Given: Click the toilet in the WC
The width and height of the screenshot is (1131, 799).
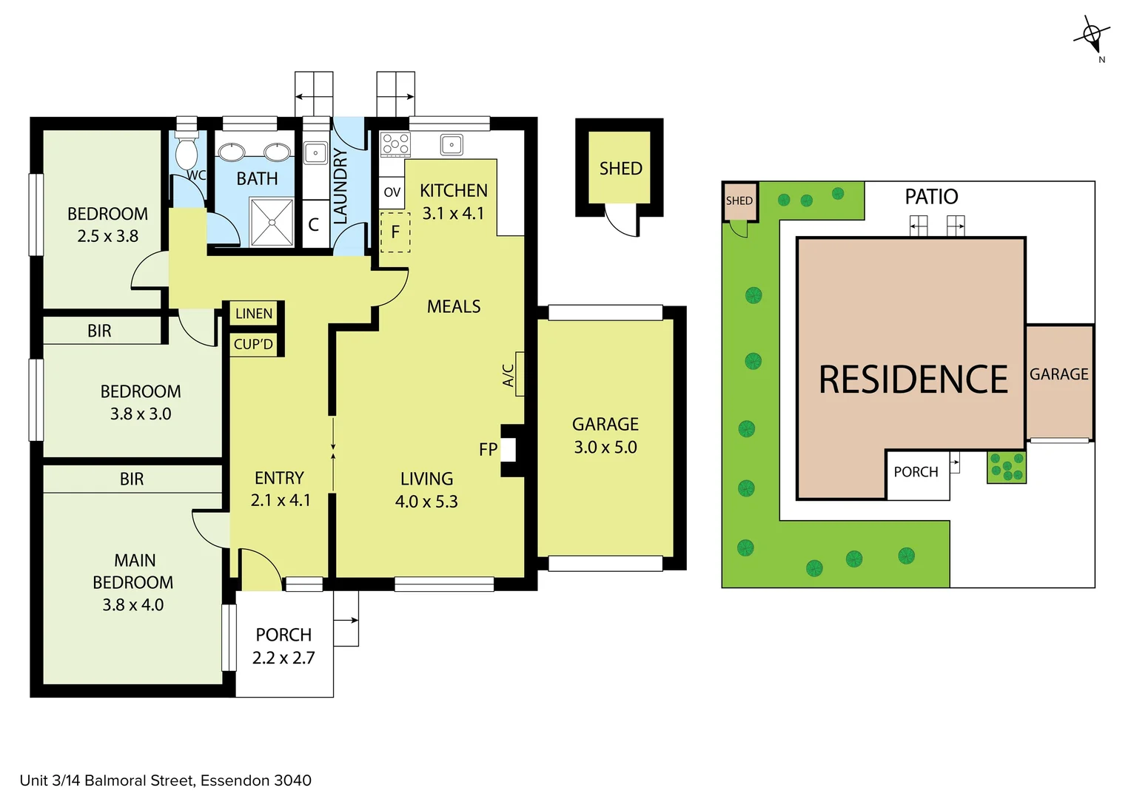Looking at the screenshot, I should (x=186, y=152).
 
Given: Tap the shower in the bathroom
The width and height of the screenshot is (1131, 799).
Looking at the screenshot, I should (x=272, y=221).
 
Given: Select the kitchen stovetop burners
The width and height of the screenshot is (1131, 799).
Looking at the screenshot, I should (x=395, y=144).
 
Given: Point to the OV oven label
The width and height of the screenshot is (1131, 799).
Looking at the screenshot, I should (x=392, y=192).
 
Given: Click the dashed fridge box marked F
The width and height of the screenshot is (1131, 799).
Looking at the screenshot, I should (x=395, y=232).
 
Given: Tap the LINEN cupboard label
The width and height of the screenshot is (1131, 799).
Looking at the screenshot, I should (x=254, y=314).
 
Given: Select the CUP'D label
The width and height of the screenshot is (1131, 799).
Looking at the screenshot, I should (x=253, y=344).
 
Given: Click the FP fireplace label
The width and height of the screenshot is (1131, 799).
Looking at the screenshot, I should (x=488, y=449).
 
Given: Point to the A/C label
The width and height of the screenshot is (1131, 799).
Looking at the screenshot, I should (x=509, y=375).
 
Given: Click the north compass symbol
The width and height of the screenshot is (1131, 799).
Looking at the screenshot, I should (x=1091, y=35).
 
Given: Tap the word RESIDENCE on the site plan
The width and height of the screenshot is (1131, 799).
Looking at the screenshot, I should (x=913, y=380).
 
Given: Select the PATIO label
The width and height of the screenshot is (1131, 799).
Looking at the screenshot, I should (x=931, y=197).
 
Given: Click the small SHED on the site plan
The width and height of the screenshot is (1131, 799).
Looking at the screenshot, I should (x=739, y=200).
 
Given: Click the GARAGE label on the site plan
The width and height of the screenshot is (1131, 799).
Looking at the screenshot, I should (x=1058, y=374).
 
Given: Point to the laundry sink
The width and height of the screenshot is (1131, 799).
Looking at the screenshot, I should (x=315, y=152).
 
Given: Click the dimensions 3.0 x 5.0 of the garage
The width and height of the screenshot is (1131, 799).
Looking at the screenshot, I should (x=605, y=447).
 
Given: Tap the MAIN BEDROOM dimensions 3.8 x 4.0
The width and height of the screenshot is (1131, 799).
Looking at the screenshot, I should (x=133, y=604).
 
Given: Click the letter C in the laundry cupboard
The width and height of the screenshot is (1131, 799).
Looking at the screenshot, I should (x=314, y=225).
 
